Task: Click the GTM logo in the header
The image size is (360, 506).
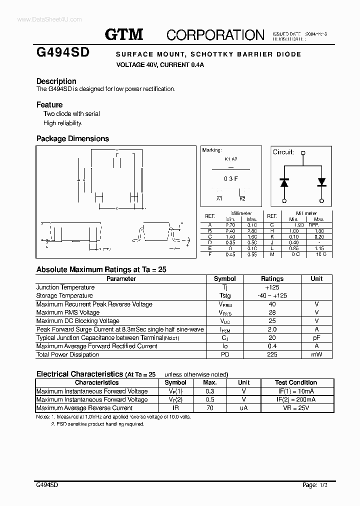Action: pos(124,34)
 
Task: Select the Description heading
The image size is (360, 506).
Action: pos(56,81)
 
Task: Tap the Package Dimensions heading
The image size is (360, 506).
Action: pos(72,138)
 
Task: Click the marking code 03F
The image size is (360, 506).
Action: pos(230,178)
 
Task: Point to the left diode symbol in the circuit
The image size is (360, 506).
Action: pos(284,182)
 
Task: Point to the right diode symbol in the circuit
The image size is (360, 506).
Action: pos(321,182)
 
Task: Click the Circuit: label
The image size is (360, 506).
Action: pos(283,152)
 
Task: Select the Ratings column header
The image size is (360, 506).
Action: pos(272,278)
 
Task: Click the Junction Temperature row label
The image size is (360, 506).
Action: pos(65,287)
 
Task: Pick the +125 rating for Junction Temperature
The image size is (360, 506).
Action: pos(272,287)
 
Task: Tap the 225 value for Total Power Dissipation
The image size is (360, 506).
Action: pos(272,354)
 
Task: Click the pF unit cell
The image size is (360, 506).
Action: pos(316,338)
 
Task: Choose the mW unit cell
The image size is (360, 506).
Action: pos(316,354)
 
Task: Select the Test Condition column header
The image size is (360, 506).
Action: pos(296,382)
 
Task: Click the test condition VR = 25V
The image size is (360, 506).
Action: pos(296,408)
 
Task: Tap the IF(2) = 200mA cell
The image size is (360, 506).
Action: pos(296,399)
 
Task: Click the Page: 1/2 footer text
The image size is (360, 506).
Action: pos(316,484)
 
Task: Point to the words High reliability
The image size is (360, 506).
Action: pos(62,123)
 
